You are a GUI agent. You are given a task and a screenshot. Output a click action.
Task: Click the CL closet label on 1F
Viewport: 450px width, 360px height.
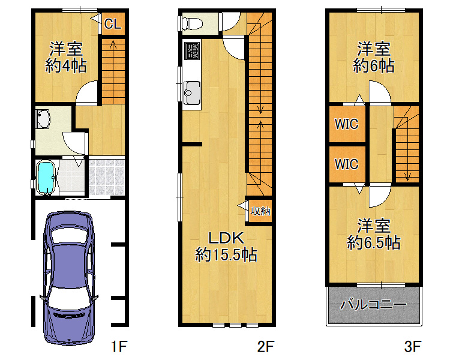pos(113,24)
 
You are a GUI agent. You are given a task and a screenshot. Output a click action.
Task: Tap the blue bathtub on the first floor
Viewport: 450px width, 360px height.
pos(46,178)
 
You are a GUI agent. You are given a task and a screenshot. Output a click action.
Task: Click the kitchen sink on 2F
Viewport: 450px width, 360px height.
pos(192,93)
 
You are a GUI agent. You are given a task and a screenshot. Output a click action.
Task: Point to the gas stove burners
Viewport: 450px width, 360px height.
pos(192,51)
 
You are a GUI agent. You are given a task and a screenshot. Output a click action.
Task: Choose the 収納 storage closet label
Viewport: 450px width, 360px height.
pos(260,211)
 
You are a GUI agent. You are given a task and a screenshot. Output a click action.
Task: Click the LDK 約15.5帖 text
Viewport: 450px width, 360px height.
pos(226,247)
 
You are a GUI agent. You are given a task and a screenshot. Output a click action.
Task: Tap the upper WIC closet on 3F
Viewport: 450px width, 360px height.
pos(347,124)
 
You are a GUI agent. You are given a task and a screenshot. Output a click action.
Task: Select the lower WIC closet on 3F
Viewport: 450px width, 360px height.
pos(347,164)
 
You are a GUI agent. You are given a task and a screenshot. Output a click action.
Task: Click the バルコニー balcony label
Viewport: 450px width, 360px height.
pos(374,304)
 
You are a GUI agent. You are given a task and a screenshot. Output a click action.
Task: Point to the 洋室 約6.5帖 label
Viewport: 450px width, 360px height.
pos(374,234)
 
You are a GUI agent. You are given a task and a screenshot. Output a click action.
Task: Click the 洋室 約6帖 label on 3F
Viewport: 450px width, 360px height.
pos(374,57)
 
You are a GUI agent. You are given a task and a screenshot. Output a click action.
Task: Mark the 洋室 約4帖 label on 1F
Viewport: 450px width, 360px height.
pos(66,57)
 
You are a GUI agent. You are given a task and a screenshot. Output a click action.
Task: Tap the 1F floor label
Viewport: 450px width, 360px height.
pos(119,347)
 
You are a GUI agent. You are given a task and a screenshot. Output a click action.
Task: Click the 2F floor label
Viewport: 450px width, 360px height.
pos(266,347)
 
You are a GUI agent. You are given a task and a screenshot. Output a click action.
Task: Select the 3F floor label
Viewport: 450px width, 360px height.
pos(413,347)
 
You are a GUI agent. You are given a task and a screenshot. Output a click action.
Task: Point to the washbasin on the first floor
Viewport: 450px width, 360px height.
pos(43,119)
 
